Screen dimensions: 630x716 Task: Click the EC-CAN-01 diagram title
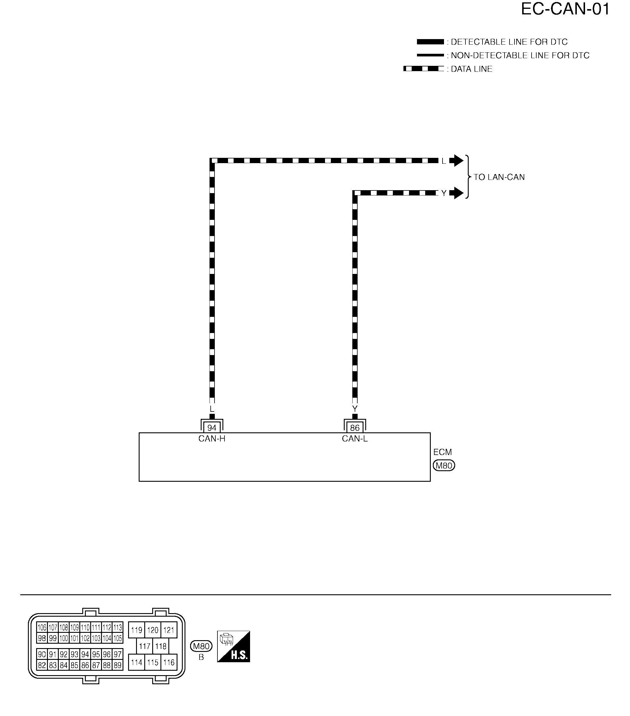(x=565, y=9)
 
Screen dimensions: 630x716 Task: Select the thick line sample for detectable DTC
(x=430, y=42)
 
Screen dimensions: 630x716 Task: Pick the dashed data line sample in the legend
(x=423, y=69)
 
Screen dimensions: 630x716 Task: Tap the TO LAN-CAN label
(x=499, y=177)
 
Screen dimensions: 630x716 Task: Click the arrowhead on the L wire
(x=456, y=160)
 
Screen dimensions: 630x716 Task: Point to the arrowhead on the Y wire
(x=456, y=193)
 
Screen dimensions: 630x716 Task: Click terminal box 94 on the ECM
(x=212, y=427)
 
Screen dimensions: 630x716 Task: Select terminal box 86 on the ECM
(x=355, y=427)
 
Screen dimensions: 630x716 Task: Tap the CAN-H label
(x=212, y=439)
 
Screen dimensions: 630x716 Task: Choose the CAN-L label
(x=355, y=439)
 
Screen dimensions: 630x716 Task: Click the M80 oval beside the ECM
(x=444, y=466)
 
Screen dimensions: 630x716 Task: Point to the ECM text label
(x=442, y=452)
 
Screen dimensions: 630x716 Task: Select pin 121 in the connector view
(x=169, y=630)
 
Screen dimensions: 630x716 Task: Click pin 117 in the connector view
(x=145, y=646)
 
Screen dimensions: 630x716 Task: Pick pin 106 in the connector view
(x=42, y=627)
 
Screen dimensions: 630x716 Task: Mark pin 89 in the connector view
(x=118, y=665)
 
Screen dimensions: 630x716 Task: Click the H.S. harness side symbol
(x=234, y=647)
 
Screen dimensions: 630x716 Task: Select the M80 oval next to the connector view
(x=201, y=646)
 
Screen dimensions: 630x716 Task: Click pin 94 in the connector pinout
(x=85, y=654)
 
